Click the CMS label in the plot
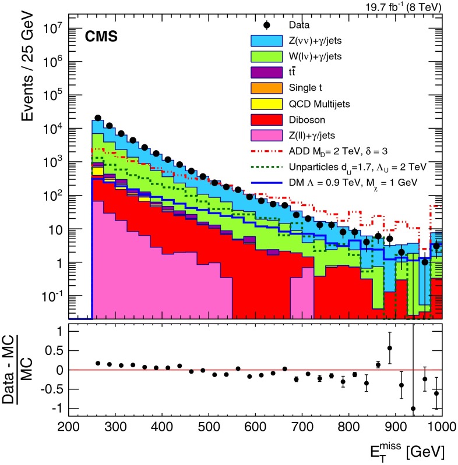click(102, 37)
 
